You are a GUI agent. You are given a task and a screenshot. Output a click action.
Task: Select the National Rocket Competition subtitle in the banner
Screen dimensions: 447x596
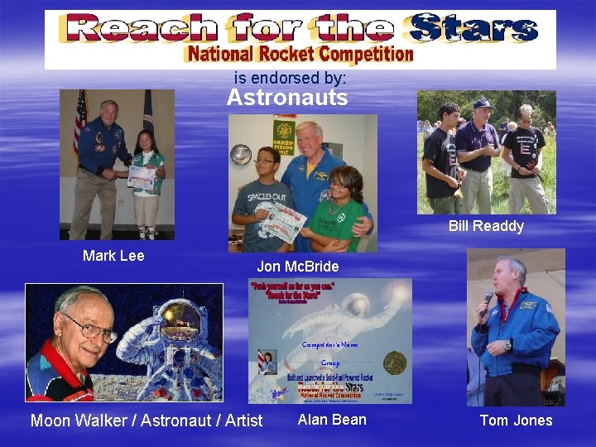pos(300,55)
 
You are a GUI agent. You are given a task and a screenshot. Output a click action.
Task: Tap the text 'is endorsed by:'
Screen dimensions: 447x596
pos(290,78)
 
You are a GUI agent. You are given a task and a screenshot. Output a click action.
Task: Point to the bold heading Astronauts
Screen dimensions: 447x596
pos(287,99)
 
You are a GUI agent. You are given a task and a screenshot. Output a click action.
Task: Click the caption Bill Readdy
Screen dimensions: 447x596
pos(486,226)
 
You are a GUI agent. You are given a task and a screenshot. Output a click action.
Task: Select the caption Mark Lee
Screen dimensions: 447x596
pos(113,256)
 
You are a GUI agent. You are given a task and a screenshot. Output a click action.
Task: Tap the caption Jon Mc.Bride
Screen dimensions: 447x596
pos(297,267)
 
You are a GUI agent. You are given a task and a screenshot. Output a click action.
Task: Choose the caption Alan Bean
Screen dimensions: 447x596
pos(332,420)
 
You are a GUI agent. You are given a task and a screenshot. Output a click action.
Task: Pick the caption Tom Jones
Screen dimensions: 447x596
pos(516,421)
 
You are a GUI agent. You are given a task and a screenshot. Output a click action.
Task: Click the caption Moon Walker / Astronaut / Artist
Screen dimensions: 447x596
pos(147,421)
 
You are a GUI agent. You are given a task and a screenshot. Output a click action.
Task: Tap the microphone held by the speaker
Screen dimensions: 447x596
pos(488,304)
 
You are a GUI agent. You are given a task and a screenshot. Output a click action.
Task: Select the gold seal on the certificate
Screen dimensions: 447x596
pos(395,363)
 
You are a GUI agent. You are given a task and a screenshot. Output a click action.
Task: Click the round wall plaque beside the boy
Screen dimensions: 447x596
pos(242,154)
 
